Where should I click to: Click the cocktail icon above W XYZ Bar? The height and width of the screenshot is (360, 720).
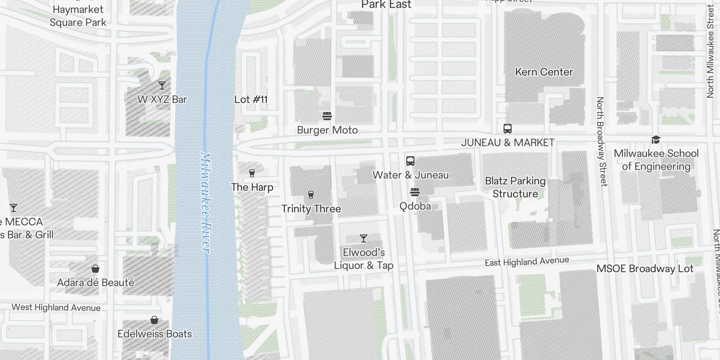162,85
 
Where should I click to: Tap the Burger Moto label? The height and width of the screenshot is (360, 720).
327,130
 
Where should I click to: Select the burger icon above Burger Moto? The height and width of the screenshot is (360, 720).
327,116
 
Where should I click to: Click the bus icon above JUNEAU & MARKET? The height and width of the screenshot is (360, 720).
508,129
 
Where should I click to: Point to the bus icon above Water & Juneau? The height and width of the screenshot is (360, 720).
410,161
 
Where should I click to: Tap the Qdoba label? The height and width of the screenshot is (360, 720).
415,206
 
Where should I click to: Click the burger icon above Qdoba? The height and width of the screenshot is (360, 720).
415,193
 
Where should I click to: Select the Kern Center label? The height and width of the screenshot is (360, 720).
544,72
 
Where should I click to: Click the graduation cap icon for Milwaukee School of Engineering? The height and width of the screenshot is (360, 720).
656,140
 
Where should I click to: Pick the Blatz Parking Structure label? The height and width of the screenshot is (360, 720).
515,187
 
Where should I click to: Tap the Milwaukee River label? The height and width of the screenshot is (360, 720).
205,202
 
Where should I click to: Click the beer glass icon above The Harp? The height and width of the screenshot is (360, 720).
252,173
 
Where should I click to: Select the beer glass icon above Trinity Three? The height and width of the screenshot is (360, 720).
310,195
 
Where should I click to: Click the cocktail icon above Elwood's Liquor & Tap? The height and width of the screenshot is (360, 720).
364,238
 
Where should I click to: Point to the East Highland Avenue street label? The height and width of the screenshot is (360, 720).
526,261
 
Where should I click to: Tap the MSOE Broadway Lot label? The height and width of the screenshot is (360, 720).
644,269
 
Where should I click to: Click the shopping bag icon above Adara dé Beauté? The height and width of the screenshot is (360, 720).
95,269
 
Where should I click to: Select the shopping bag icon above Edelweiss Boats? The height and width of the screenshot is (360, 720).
154,320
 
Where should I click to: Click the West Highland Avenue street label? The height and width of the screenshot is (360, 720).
56,308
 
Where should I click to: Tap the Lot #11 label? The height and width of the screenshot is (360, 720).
251,99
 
